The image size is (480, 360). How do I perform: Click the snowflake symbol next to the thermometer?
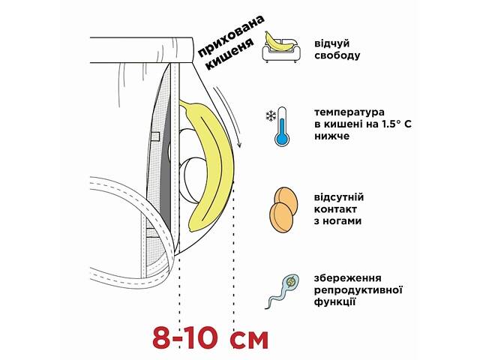point(268,115)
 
